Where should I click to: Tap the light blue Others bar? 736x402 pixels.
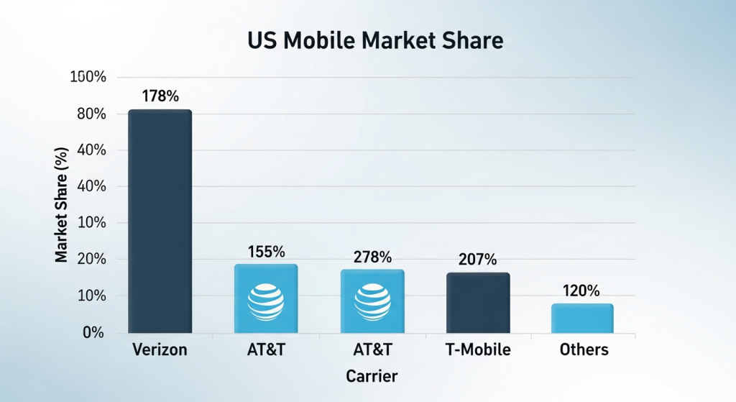coord(582,319)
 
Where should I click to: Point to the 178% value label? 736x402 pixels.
coord(159,96)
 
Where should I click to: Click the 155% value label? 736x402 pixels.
coord(266,252)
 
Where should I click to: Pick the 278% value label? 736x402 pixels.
coord(372,257)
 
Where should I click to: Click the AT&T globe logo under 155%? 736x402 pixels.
coord(266,301)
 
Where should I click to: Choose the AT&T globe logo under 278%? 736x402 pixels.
coord(372,301)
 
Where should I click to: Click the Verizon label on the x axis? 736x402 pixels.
coord(160,350)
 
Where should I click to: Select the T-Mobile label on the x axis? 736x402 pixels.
coord(477,350)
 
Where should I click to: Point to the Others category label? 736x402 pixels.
coord(584,350)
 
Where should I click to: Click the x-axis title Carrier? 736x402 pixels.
coord(371,376)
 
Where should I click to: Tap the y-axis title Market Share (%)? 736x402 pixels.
coord(63,205)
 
